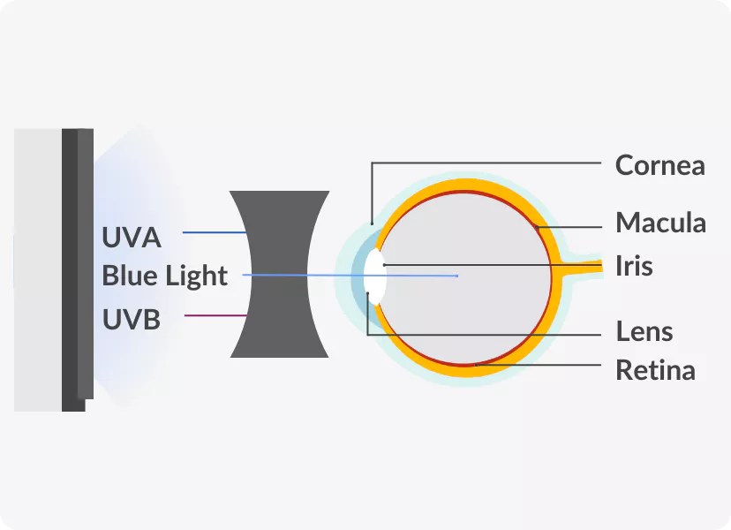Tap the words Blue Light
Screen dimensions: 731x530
coord(165,276)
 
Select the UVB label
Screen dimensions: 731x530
coord(132,318)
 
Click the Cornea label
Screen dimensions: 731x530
coord(659,165)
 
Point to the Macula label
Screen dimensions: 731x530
coord(660,222)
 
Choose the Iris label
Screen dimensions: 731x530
coord(634,265)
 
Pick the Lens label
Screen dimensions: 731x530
coord(644,332)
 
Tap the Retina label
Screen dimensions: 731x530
coord(655,369)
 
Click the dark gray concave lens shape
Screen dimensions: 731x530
coord(279,318)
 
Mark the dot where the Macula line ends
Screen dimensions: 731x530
coord(539,227)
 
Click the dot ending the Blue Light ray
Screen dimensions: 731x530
coord(456,276)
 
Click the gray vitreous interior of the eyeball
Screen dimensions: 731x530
coord(477,309)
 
